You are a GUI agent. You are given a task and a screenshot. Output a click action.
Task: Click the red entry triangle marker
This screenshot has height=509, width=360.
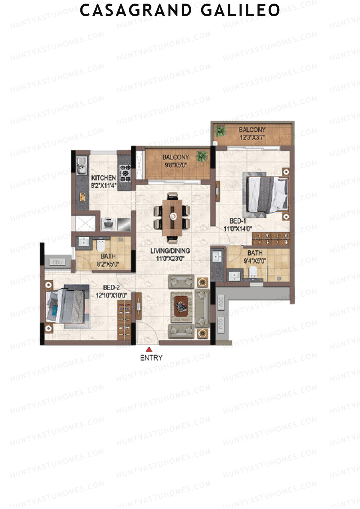149,349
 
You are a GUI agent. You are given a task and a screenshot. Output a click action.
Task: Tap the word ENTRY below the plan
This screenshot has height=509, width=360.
151,358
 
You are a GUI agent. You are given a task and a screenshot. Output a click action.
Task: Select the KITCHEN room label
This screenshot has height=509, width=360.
103,178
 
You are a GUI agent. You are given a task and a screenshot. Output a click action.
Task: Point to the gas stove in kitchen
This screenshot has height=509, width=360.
125,173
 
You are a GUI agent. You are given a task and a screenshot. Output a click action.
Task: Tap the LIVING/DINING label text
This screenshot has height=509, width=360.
170,251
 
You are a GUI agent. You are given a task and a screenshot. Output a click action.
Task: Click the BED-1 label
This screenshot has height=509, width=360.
238,221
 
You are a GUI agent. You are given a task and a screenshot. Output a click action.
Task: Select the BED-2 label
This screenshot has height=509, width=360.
111,288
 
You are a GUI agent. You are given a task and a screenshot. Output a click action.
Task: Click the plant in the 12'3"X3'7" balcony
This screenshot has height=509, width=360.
221,131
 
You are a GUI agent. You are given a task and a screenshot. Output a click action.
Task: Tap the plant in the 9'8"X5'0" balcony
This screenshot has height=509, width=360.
201,156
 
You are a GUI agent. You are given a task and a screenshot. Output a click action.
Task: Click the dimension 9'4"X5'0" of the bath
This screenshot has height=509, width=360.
255,261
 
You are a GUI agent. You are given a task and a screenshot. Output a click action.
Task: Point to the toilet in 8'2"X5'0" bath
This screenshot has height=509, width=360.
100,246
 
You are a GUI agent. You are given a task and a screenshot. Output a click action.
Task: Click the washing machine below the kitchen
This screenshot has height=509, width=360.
108,224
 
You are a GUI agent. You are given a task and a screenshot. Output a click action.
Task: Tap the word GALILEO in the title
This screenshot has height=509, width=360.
240,10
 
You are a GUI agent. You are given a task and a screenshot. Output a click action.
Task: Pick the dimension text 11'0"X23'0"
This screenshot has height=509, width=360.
170,258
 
